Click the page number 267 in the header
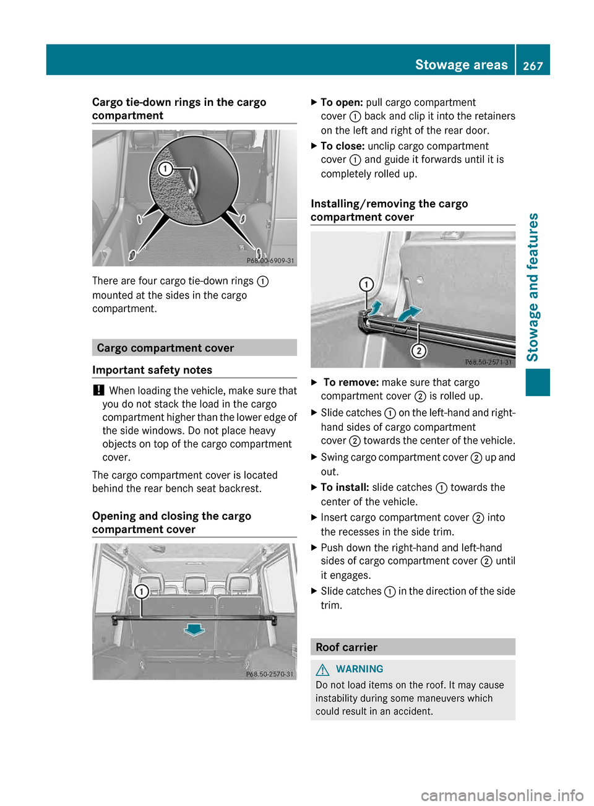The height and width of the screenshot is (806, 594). tap(532, 66)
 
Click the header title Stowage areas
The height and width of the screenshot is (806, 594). tap(461, 65)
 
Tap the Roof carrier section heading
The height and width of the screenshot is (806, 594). tap(346, 647)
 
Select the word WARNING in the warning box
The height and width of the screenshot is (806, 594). tap(359, 669)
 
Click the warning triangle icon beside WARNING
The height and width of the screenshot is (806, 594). tap(322, 669)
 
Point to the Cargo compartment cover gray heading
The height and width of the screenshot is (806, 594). tap(165, 348)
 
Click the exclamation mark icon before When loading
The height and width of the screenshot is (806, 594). tap(98, 391)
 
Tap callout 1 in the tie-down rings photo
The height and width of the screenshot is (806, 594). tap(165, 169)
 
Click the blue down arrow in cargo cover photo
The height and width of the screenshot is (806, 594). tap(194, 630)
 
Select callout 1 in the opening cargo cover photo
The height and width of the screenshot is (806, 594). tap(141, 591)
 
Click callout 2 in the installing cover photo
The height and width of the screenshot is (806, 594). tap(419, 351)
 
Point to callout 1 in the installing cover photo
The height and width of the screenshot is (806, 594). tap(366, 284)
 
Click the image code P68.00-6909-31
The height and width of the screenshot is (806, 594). tap(270, 261)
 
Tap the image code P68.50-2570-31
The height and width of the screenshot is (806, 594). tap(270, 674)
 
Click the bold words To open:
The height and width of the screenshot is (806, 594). tap(342, 103)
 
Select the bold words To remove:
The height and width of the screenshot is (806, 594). tap(350, 383)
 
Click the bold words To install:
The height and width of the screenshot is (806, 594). tap(345, 488)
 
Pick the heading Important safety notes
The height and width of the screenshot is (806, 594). tap(152, 370)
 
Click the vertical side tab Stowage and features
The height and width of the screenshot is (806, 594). tap(533, 287)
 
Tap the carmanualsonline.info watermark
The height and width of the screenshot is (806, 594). tap(502, 795)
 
